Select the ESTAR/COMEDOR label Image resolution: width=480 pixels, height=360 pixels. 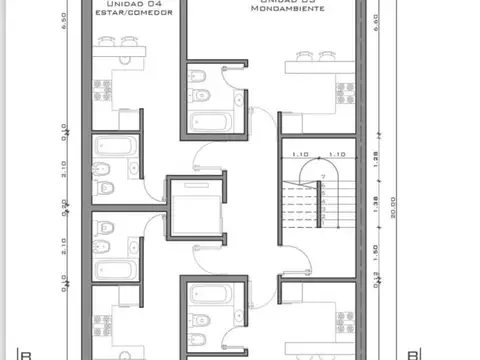[132, 14]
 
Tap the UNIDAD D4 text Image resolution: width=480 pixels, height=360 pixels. [132, 5]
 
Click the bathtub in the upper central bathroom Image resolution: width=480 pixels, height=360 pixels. [209, 123]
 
